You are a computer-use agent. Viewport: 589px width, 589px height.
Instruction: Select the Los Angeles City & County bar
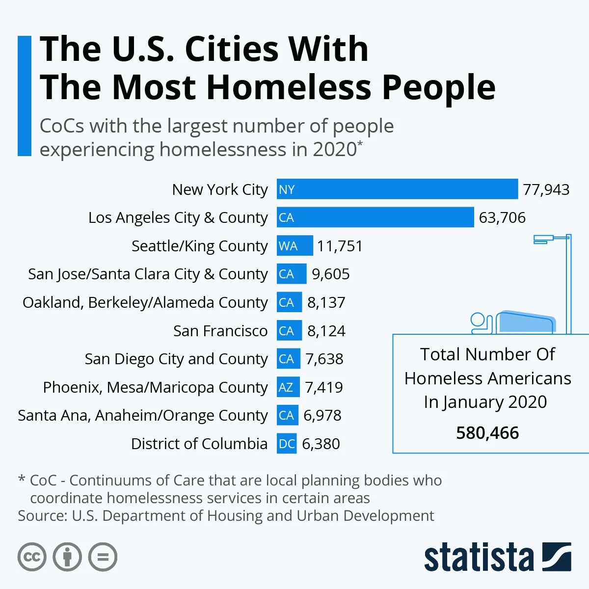tap(375, 217)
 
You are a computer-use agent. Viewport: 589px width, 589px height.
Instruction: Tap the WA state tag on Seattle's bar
tap(288, 246)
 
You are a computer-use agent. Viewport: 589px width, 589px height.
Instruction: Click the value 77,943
tap(546, 189)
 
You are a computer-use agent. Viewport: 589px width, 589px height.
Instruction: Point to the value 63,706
tap(502, 217)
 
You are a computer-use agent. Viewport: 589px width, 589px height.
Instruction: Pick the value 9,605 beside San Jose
tap(331, 274)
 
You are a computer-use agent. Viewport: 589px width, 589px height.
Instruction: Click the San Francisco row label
tap(220, 331)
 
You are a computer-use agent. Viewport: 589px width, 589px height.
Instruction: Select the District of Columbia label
tap(199, 444)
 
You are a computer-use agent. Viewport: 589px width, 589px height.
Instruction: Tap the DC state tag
tap(287, 444)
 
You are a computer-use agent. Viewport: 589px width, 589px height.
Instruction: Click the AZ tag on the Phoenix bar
tap(286, 387)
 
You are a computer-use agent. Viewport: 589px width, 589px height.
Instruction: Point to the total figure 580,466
tap(487, 433)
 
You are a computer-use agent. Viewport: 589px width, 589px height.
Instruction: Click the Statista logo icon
tap(557, 557)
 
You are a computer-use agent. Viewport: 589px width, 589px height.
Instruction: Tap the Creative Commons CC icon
tap(32, 557)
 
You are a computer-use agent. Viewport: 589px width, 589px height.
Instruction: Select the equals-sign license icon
tap(103, 557)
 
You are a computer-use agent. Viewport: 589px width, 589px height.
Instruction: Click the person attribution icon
tap(67, 557)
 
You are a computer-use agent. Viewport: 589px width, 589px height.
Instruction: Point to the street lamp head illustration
tap(544, 240)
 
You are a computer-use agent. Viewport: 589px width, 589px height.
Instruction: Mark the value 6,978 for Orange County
tap(322, 415)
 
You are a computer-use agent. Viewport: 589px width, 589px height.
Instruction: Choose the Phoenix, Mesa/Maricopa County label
tap(155, 387)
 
